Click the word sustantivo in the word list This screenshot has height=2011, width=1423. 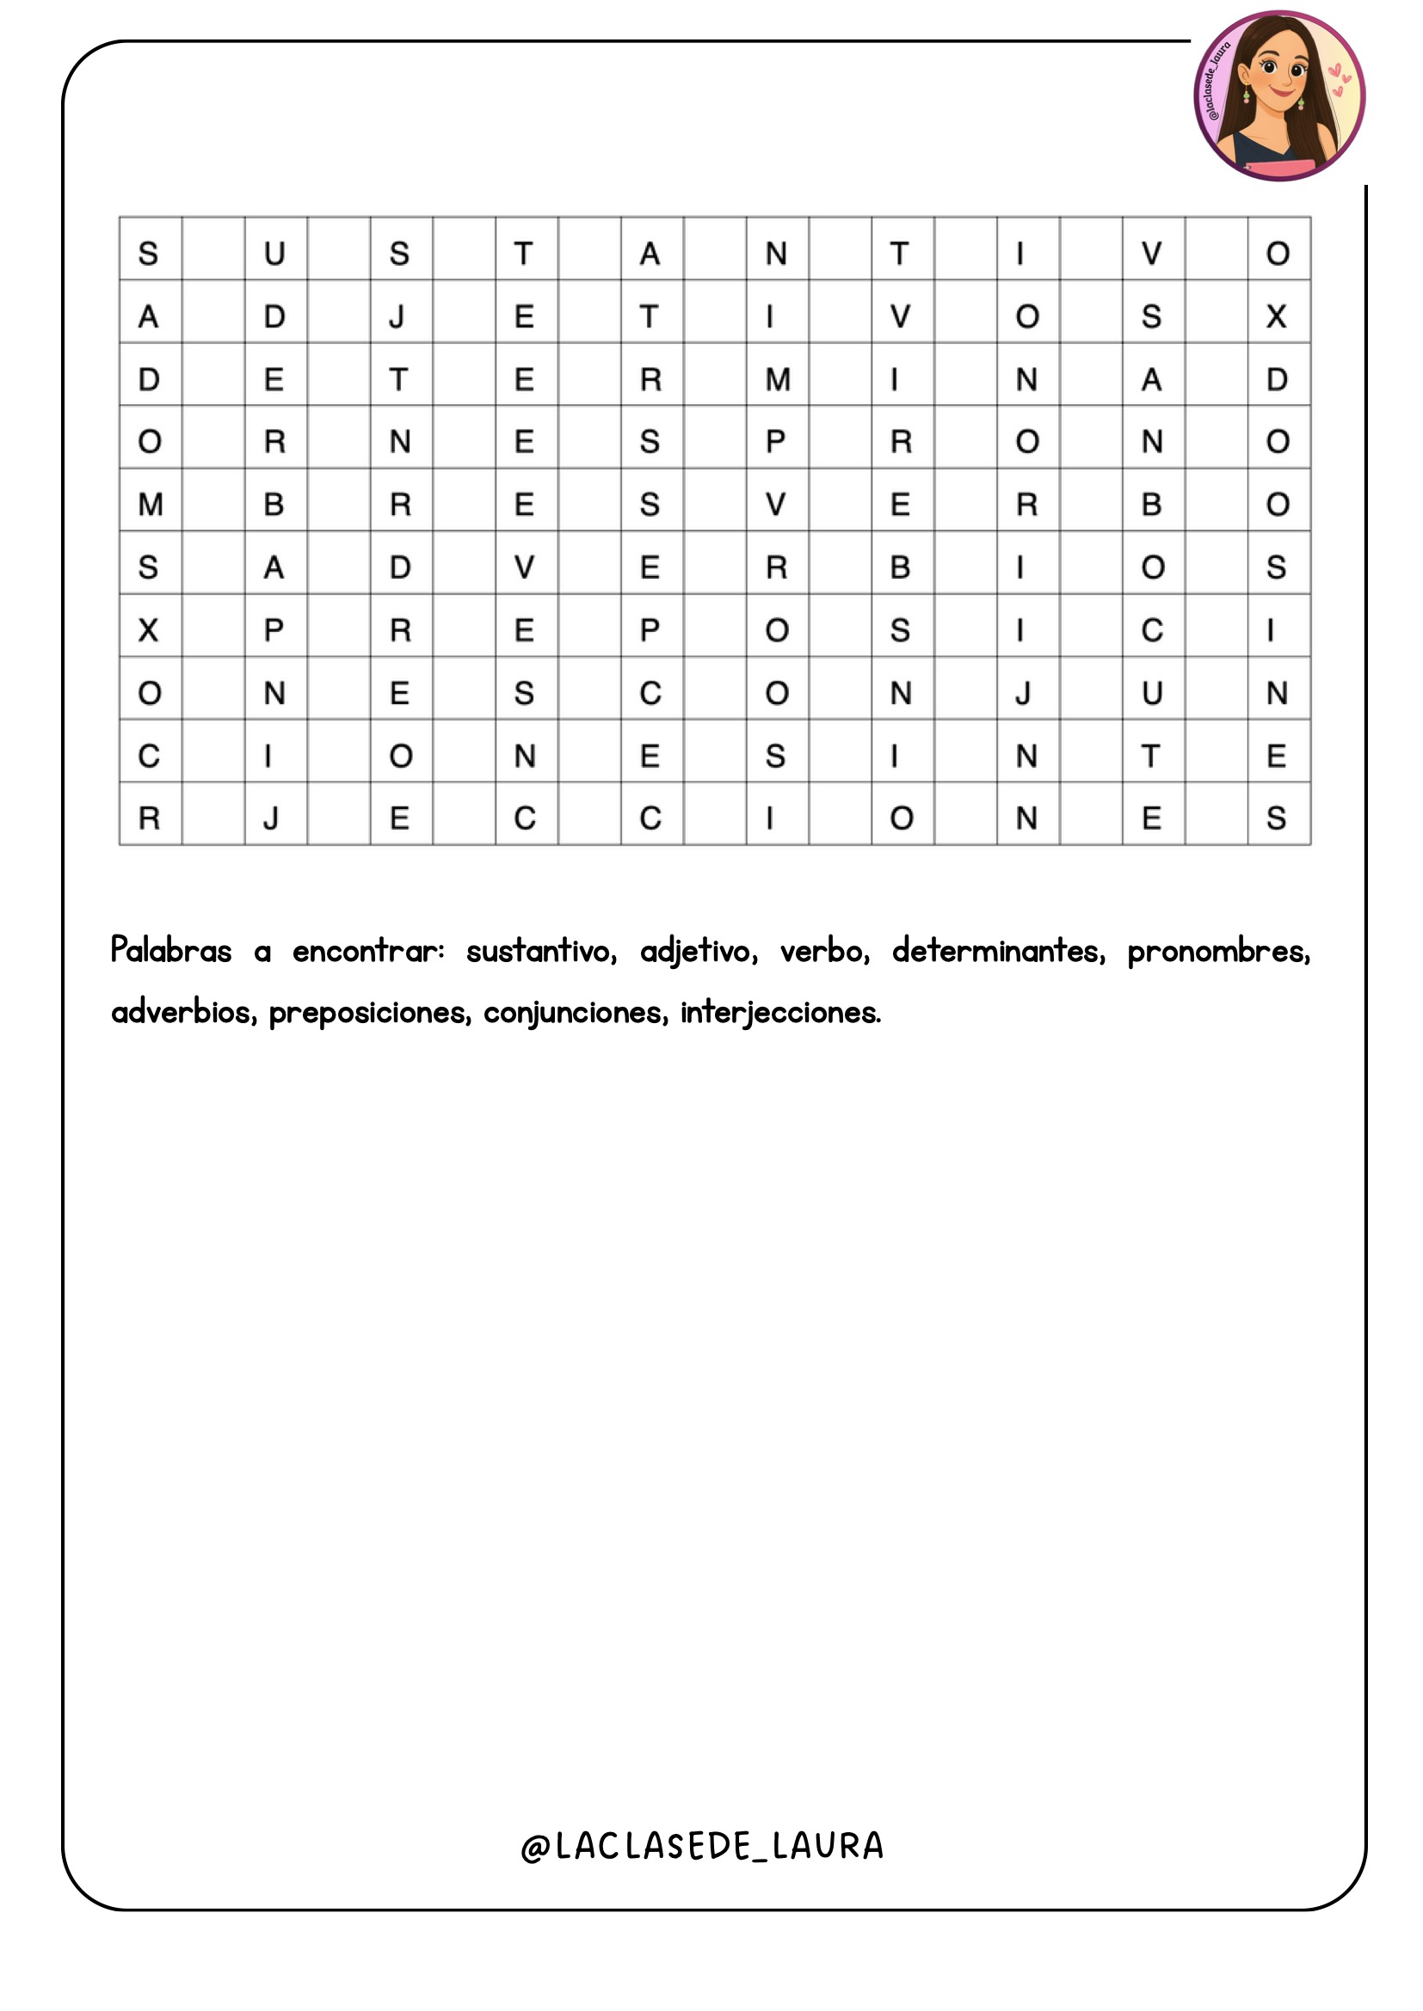540,951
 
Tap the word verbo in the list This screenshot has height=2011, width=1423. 823,951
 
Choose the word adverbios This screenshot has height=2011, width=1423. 184,1013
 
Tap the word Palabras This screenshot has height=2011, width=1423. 171,951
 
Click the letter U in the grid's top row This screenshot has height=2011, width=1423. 274,254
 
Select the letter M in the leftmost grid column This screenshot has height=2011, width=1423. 150,505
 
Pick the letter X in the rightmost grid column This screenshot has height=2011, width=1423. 1277,316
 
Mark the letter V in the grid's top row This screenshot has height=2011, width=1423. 1151,254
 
